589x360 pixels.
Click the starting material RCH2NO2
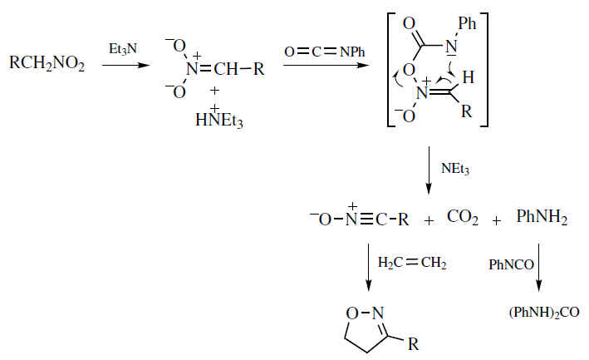click(x=47, y=63)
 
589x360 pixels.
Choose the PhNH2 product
click(x=542, y=221)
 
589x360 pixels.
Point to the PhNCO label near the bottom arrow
click(x=508, y=266)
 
